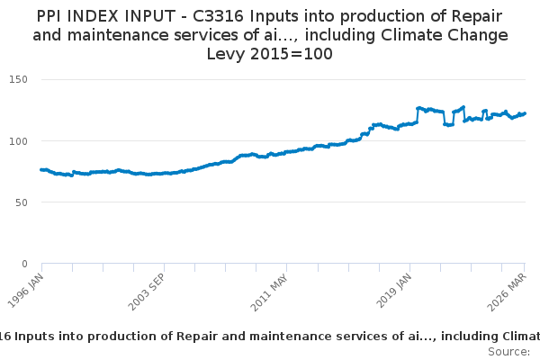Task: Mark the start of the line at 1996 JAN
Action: (x=41, y=169)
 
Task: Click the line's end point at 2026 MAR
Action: (x=525, y=113)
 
